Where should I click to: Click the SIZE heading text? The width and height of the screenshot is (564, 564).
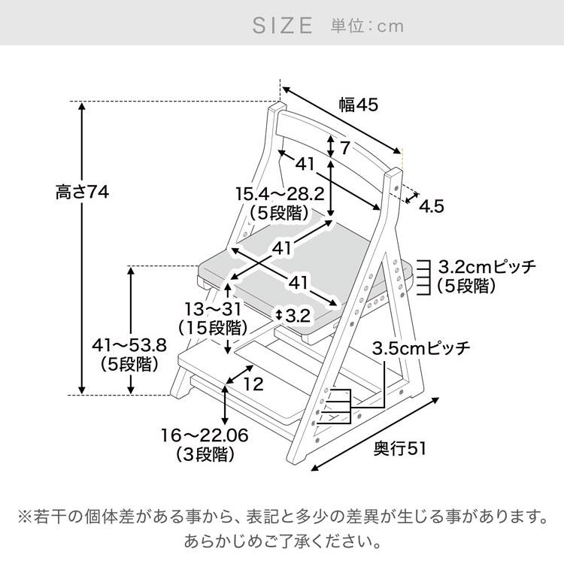tap(281, 26)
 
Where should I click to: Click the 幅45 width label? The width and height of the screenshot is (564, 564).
tap(357, 105)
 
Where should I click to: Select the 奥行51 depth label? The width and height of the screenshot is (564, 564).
tap(400, 448)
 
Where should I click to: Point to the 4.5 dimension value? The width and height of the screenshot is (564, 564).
tap(432, 205)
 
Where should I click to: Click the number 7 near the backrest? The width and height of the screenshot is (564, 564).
tap(345, 147)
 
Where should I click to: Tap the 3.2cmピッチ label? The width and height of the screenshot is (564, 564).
tap(487, 266)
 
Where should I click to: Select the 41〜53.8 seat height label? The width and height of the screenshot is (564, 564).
tap(127, 346)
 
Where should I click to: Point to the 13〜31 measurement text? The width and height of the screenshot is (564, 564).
tap(213, 309)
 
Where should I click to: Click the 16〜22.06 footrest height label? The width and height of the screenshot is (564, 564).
tap(205, 435)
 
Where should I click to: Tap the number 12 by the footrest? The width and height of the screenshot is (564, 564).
tap(254, 384)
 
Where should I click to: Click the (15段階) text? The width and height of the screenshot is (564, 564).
tap(213, 328)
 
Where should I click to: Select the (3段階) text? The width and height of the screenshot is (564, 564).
tap(205, 454)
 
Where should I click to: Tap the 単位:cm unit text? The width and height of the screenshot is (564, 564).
tap(367, 26)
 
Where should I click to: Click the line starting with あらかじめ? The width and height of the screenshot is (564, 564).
tap(281, 540)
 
